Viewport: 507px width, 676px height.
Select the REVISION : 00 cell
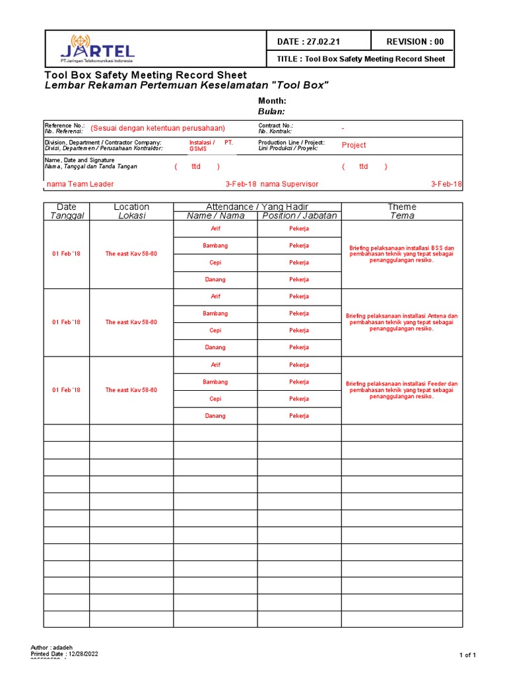point(415,42)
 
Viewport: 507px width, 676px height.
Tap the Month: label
point(271,101)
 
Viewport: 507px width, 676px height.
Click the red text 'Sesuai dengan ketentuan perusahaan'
point(158,128)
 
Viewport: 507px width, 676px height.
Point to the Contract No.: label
point(275,125)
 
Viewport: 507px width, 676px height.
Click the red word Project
point(354,145)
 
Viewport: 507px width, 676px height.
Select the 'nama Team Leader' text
point(79,184)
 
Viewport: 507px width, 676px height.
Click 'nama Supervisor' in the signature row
point(289,184)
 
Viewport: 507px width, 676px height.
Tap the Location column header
point(131,207)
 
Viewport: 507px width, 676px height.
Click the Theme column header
point(402,207)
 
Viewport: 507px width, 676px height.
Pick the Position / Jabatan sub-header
point(299,216)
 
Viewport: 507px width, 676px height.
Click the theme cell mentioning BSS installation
point(402,254)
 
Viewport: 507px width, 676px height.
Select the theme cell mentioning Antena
point(402,322)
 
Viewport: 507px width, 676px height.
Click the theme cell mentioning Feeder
point(402,390)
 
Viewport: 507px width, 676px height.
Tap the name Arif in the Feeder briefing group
point(215,365)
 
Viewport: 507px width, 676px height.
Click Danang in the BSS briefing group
point(215,280)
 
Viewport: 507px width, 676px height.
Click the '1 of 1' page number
point(467,655)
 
